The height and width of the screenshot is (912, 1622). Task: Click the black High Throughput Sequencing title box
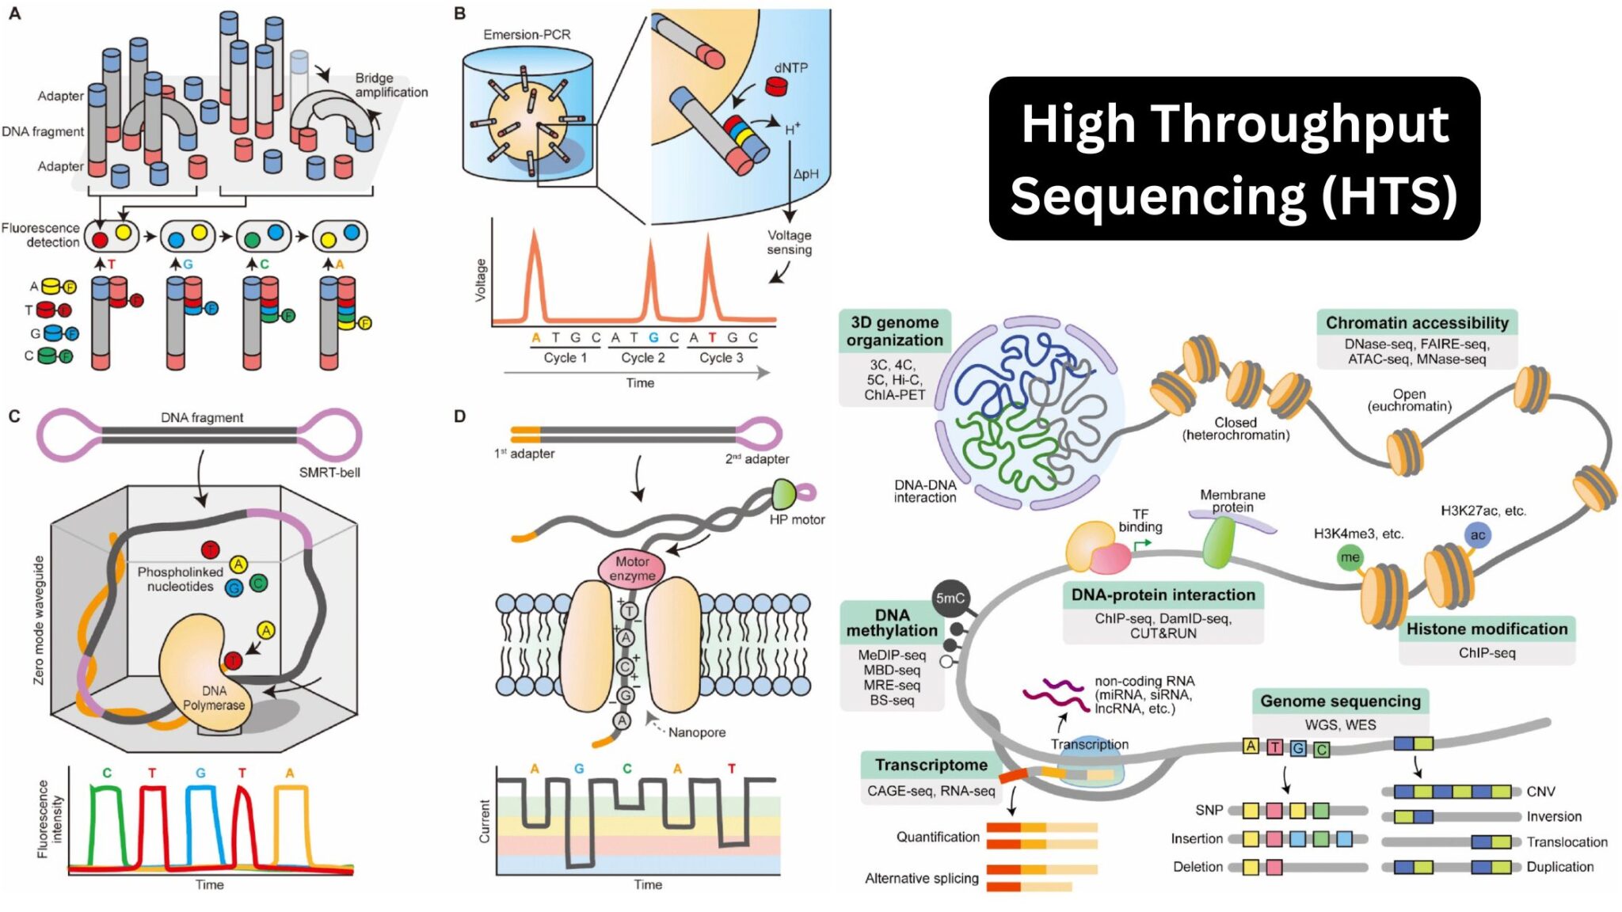[x=1233, y=158]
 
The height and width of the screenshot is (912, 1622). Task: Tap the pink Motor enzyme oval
[x=631, y=568]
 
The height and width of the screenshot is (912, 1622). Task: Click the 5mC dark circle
[x=950, y=598]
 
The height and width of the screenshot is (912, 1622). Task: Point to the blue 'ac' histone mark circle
[x=1477, y=535]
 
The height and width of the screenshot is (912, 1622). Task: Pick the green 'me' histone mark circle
[x=1350, y=557]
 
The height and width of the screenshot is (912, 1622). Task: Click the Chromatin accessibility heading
[x=1416, y=323]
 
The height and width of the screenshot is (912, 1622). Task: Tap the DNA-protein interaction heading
[x=1163, y=595]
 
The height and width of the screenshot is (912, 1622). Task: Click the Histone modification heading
[x=1486, y=629]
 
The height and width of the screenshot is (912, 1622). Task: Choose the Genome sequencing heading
[x=1340, y=701]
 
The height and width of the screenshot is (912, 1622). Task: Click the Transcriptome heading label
[x=931, y=766]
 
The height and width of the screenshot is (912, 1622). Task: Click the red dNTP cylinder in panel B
[x=776, y=86]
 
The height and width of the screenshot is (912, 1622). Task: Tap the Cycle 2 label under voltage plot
[x=642, y=358]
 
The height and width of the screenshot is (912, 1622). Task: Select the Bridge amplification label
[x=390, y=85]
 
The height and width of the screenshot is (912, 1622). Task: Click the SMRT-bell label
[x=329, y=473]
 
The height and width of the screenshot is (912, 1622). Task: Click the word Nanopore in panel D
[x=696, y=732]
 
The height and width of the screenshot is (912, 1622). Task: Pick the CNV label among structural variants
[x=1540, y=792]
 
